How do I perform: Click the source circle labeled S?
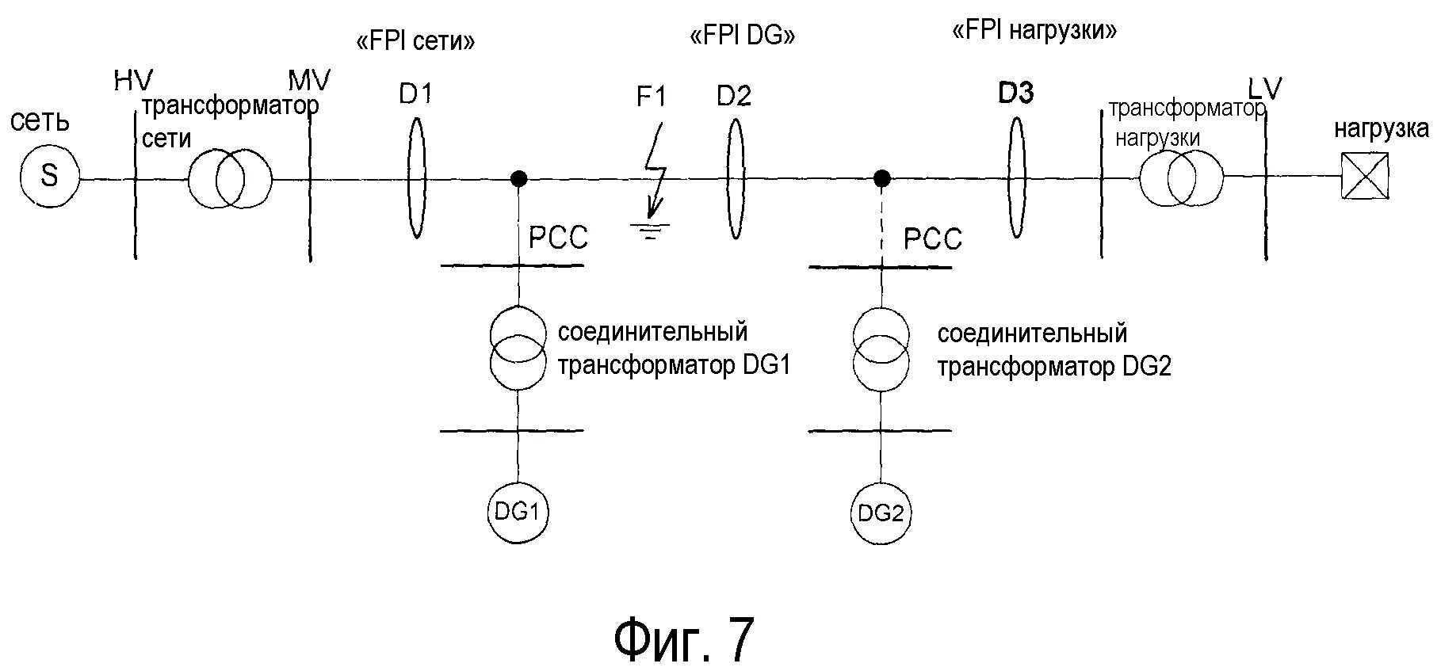pyautogui.click(x=49, y=175)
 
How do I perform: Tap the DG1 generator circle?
pyautogui.click(x=518, y=512)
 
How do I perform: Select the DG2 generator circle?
pyautogui.click(x=881, y=513)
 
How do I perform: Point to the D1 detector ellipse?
pyautogui.click(x=416, y=177)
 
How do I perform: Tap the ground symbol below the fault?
pyautogui.click(x=650, y=231)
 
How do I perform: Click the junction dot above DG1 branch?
pyautogui.click(x=518, y=178)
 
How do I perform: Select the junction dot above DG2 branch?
pyautogui.click(x=881, y=178)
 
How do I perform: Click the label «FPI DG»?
pyautogui.click(x=742, y=36)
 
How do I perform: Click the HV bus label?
pyautogui.click(x=132, y=81)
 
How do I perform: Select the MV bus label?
pyautogui.click(x=309, y=80)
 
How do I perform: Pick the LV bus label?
pyautogui.click(x=1264, y=90)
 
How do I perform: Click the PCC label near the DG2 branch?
pyautogui.click(x=933, y=238)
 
